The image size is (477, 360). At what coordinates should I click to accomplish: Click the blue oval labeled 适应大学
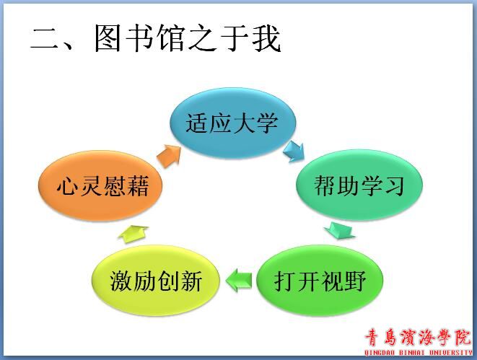232,123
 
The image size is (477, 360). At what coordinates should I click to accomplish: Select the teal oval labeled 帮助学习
359,185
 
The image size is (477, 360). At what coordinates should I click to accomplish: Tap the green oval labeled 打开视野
320,281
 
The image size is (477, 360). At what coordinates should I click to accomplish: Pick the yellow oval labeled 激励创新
155,281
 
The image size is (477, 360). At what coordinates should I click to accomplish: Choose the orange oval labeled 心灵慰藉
101,186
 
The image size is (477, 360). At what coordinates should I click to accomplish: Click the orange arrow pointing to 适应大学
169,156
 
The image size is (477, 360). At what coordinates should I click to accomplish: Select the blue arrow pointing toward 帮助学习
294,151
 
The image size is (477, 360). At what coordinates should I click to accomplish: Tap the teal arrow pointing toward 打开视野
340,231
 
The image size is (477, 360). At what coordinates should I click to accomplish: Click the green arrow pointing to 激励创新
239,281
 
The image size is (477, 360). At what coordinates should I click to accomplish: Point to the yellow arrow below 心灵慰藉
134,234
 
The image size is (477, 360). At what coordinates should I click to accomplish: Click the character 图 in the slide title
108,38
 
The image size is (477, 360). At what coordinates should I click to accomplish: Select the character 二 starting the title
45,38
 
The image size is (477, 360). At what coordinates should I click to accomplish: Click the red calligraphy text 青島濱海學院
418,338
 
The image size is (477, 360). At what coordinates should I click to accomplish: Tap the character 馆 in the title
171,38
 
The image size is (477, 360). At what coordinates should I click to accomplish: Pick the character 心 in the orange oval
67,186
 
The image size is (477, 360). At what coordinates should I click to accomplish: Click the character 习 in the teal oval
394,185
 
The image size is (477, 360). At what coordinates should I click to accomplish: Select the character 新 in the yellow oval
191,281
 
